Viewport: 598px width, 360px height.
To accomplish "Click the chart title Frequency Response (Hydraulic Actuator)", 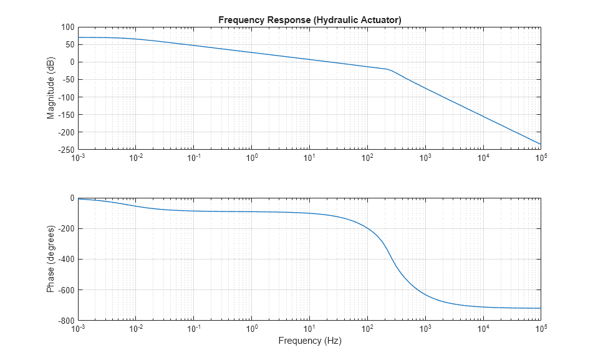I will point(309,20).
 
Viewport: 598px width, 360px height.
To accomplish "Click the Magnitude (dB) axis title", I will point(51,89).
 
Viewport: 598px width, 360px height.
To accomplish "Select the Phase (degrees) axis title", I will point(51,259).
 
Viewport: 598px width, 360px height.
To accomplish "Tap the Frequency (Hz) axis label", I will point(309,341).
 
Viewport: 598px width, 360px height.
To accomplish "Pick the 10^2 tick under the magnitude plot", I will point(367,158).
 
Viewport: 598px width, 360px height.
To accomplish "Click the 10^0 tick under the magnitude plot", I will point(251,158).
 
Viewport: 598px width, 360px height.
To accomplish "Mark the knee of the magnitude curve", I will point(388,70).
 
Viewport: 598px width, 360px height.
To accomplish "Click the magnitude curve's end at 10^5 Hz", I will point(540,144).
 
